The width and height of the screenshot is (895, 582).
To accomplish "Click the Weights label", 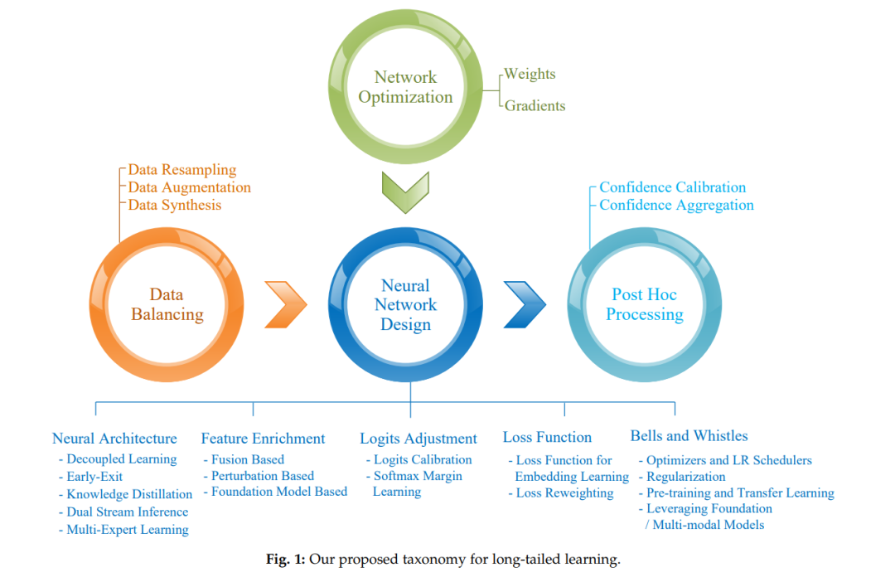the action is click(x=530, y=74).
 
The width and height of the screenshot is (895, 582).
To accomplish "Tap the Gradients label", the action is click(x=535, y=105).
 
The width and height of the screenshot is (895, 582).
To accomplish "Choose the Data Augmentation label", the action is click(x=189, y=187).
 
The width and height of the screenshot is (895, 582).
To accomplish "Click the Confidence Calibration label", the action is click(x=672, y=187).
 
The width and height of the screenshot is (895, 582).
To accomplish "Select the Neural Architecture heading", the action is click(x=114, y=438).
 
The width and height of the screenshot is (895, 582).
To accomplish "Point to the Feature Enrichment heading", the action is click(x=263, y=438).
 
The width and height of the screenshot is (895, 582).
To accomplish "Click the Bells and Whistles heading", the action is click(x=689, y=436).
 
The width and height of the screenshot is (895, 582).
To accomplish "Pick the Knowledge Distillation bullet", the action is click(x=126, y=494).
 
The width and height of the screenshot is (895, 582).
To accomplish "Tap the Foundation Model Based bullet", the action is click(x=275, y=492).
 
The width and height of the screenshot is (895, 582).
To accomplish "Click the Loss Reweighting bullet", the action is click(x=561, y=493).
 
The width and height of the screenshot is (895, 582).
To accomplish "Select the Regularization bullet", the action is click(x=682, y=477).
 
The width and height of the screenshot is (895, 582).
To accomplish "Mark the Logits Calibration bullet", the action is click(x=419, y=460).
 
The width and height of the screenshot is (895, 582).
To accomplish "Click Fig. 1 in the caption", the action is click(x=285, y=559).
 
